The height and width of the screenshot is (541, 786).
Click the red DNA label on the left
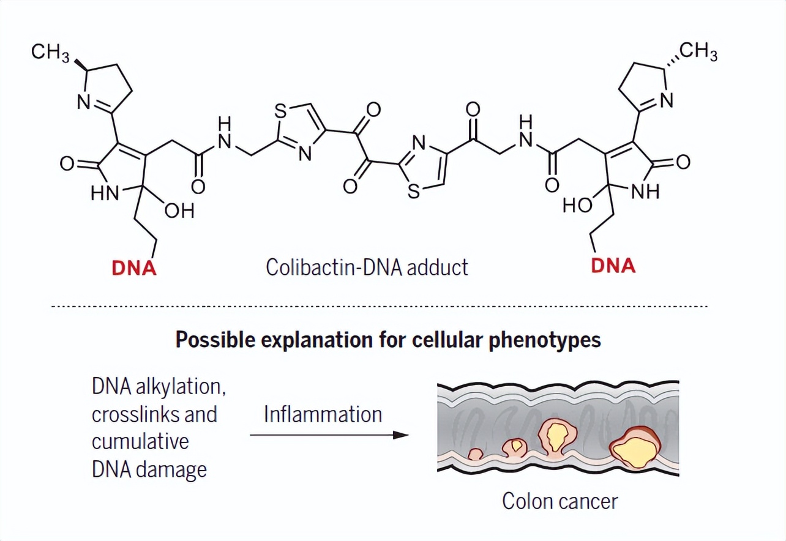click(x=133, y=268)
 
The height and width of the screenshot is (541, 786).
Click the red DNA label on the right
click(x=613, y=266)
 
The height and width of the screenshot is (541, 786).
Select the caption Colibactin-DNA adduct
click(x=367, y=267)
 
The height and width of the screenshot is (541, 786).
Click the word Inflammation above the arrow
click(x=323, y=414)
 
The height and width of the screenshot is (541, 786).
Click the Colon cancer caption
click(x=560, y=501)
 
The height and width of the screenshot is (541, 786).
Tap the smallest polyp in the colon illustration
click(x=476, y=454)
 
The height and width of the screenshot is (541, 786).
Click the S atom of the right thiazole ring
click(x=414, y=191)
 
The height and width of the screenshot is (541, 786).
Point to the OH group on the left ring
click(x=179, y=211)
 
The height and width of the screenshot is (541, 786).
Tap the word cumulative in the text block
click(x=140, y=441)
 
